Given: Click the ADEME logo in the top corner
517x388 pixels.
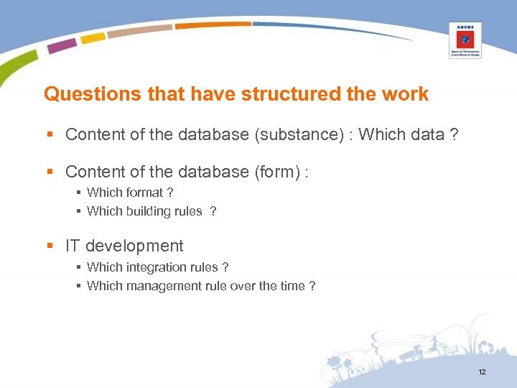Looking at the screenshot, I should (465, 40).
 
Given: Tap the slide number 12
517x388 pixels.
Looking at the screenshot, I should (482, 371).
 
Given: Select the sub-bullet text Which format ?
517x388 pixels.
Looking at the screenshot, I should (130, 193).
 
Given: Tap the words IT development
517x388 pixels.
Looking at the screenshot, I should (124, 246).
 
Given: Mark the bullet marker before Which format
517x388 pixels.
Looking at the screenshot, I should (78, 193).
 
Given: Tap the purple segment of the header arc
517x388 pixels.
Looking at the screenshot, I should (62, 45).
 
